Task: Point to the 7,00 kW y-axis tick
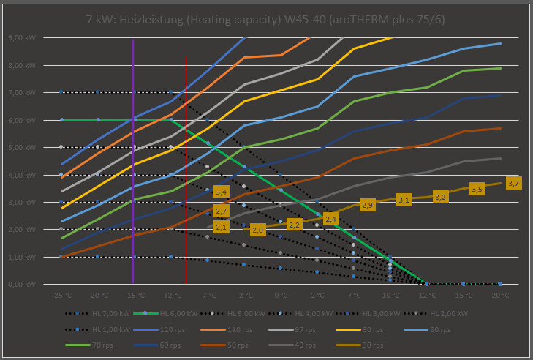coord(29,93)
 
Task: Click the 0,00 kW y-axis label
coord(29,284)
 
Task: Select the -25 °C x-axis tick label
coord(61,296)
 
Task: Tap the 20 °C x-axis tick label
coord(500,296)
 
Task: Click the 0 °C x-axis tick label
coord(281,296)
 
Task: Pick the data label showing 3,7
coord(513,184)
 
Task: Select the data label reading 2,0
coord(257,230)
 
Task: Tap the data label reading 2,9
coord(367,206)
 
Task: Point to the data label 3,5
coord(477,189)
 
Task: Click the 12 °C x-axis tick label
coord(427,296)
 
